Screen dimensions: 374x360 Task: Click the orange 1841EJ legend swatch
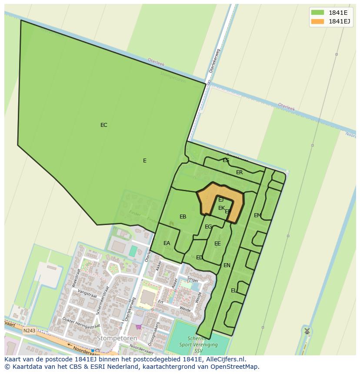tap(318, 21)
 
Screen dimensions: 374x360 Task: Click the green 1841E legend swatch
tap(318, 12)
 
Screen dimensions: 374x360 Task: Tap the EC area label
tap(103, 125)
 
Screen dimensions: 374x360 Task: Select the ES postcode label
tap(226, 160)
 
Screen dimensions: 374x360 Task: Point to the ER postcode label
tap(240, 172)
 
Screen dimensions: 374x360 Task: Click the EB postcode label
tap(183, 217)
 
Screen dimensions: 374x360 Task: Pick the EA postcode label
tap(167, 243)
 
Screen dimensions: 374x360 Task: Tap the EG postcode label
tap(208, 227)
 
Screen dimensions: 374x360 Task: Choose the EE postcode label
tap(217, 244)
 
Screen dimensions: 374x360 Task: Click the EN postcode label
tap(227, 265)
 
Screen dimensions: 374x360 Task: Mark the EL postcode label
tap(234, 291)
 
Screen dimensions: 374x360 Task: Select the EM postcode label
tap(257, 215)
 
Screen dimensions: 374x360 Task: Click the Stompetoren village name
tap(117, 338)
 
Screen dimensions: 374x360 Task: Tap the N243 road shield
tap(29, 331)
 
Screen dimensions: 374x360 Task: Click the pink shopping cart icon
tap(139, 327)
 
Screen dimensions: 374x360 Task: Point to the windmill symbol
tap(307, 331)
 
